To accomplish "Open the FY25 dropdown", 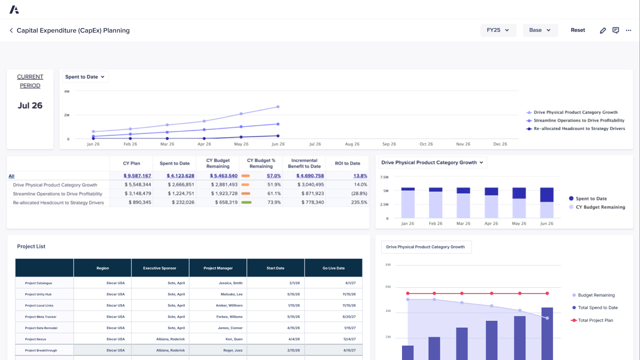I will pyautogui.click(x=498, y=30).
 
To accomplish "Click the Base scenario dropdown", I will pyautogui.click(x=540, y=30).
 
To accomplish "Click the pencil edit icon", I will pyautogui.click(x=603, y=30).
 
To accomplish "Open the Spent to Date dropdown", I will pyautogui.click(x=85, y=77).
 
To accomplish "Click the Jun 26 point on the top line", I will pyautogui.click(x=278, y=107).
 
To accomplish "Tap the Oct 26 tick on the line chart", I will pyautogui.click(x=426, y=144).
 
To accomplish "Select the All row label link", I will pyautogui.click(x=12, y=176).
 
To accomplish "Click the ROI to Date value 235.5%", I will pyautogui.click(x=359, y=202).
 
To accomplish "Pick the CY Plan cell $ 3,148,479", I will pyautogui.click(x=138, y=194).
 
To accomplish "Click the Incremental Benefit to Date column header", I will pyautogui.click(x=304, y=163).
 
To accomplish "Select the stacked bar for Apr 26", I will pyautogui.click(x=491, y=203).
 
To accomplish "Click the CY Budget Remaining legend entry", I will pyautogui.click(x=600, y=207).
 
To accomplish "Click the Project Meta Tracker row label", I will pyautogui.click(x=40, y=317).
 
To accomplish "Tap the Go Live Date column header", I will pyautogui.click(x=333, y=268).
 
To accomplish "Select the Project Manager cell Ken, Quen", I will pyautogui.click(x=234, y=339).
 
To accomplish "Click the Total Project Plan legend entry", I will pyautogui.click(x=595, y=320).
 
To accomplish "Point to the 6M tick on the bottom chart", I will pyautogui.click(x=388, y=287).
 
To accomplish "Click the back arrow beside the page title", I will pyautogui.click(x=11, y=30).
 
